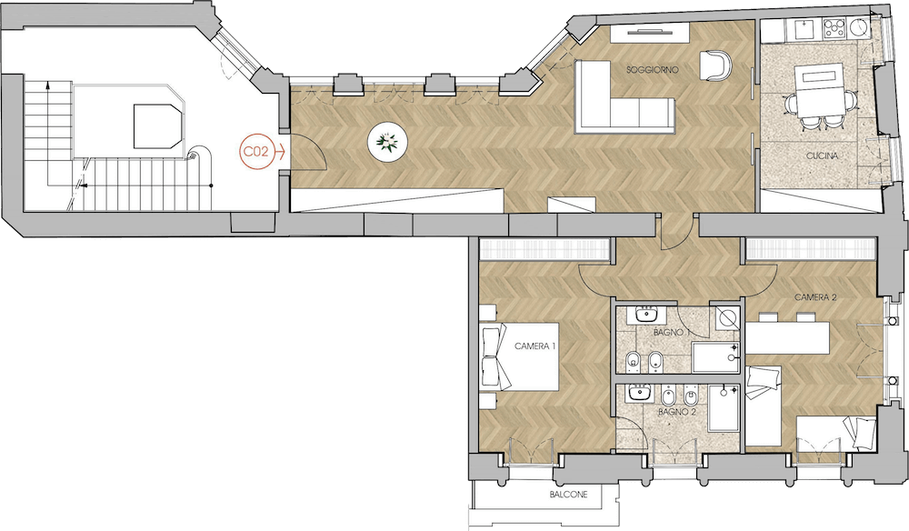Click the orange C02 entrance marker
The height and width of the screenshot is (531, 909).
(255, 153)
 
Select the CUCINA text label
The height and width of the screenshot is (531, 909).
(822, 156)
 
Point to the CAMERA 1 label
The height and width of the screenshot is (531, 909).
(535, 346)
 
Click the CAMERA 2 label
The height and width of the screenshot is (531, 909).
(815, 297)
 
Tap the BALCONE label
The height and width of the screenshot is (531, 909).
(568, 495)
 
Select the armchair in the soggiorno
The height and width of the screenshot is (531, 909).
(715, 65)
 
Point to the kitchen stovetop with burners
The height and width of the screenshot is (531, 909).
(834, 29)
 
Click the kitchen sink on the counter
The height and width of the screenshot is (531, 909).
(804, 29)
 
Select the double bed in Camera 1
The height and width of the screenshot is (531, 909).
(520, 356)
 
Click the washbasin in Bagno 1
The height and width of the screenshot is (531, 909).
(645, 315)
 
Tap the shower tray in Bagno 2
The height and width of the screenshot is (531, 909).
(724, 408)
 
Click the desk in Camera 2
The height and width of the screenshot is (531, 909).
(787, 338)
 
